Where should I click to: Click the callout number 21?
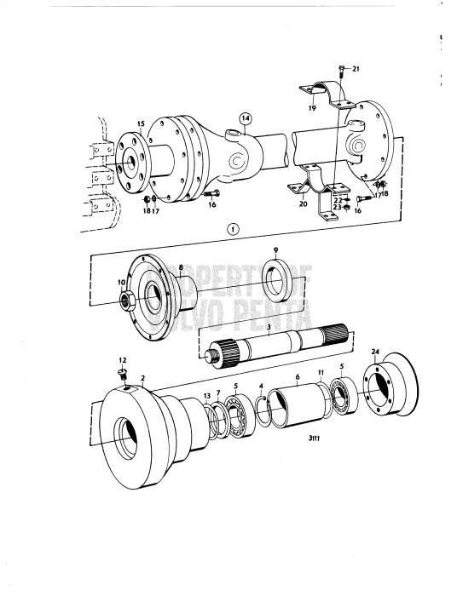pos(356,68)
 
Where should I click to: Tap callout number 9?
pos(275,250)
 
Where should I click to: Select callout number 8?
pos(181,267)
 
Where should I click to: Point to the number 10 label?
pos(120,281)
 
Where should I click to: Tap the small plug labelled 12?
pos(123,373)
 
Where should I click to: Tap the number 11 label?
pos(321,373)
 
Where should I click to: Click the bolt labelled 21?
pos(341,68)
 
